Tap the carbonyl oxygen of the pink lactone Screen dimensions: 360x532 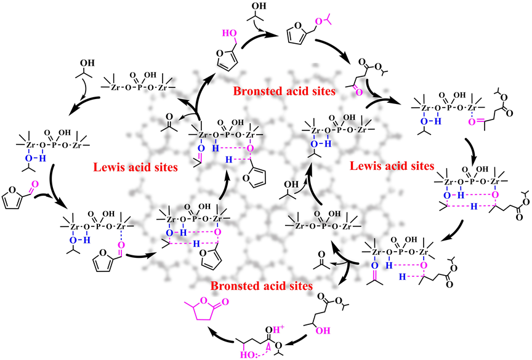225,302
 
